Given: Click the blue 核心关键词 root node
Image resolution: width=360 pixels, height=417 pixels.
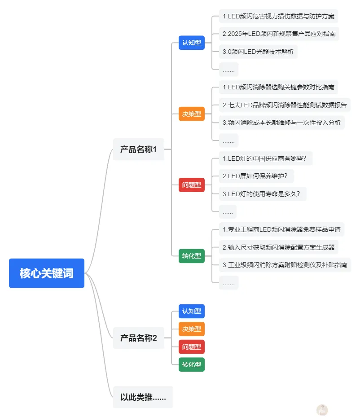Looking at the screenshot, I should click(x=47, y=273).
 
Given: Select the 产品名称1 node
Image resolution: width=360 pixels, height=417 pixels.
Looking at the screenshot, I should click(x=139, y=149).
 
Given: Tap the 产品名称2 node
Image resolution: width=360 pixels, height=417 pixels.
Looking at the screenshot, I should click(x=139, y=338).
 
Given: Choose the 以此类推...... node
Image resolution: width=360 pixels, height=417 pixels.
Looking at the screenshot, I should click(x=143, y=397).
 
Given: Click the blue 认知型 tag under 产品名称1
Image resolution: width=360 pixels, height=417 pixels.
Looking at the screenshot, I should click(x=192, y=43).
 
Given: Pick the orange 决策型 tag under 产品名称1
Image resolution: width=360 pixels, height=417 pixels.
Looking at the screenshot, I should click(x=192, y=114).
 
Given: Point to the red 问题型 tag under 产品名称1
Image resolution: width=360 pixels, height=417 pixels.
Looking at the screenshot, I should click(x=192, y=185).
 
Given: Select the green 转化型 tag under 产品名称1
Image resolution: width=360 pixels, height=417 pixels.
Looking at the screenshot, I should click(x=192, y=256).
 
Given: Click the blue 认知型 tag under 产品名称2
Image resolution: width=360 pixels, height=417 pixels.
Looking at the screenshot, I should click(x=192, y=311).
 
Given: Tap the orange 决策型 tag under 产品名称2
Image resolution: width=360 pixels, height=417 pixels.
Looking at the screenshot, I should click(x=192, y=329).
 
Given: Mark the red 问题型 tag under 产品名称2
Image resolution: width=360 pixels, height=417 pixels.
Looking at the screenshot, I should click(x=192, y=347).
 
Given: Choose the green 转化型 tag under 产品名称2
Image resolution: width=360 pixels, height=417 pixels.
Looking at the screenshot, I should click(x=192, y=364).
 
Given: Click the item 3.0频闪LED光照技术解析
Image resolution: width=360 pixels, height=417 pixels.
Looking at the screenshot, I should click(x=258, y=52).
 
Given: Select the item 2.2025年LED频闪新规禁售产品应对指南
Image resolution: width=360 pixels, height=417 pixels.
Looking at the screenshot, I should click(x=279, y=34).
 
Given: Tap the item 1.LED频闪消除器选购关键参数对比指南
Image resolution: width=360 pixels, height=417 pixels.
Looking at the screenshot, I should click(x=278, y=87).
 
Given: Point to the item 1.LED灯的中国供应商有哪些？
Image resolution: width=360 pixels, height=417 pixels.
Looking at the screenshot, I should click(x=266, y=158).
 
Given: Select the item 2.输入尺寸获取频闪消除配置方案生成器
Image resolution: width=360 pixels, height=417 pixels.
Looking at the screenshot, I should click(x=279, y=247).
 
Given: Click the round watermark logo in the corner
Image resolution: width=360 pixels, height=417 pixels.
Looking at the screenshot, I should click(x=322, y=409).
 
